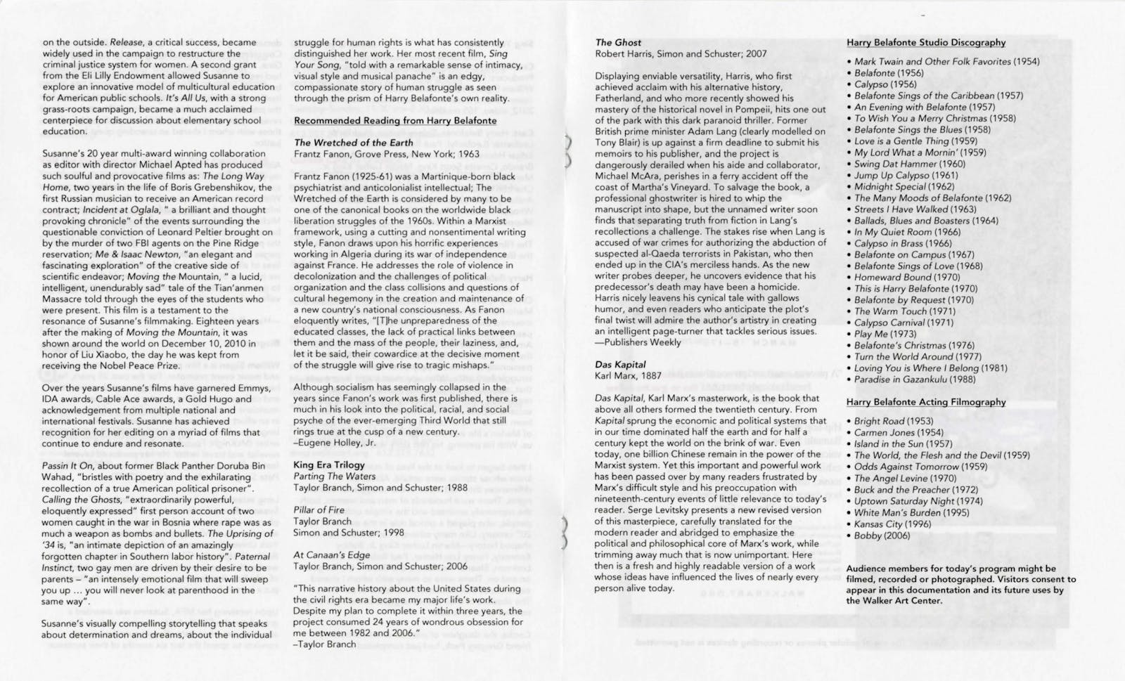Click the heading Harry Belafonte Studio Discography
(x=926, y=43)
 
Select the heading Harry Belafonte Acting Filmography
(x=926, y=402)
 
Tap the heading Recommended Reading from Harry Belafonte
(x=395, y=121)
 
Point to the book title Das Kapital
(x=620, y=365)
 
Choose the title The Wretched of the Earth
(x=353, y=143)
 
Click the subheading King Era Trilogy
(x=329, y=465)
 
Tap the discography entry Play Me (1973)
(x=885, y=334)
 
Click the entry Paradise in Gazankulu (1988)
(x=915, y=380)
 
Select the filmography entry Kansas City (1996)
(x=892, y=524)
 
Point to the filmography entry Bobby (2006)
(x=882, y=536)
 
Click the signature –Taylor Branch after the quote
(x=324, y=644)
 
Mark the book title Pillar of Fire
(x=319, y=510)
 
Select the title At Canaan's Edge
(x=331, y=555)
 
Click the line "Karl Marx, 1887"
(x=628, y=376)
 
